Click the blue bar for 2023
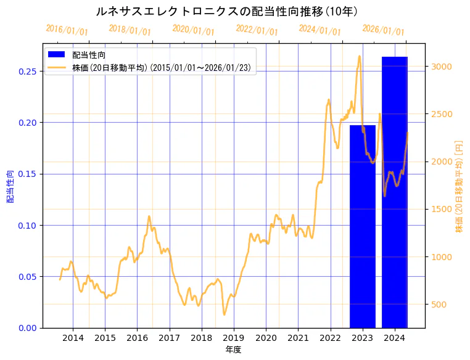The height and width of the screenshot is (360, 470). [363, 226]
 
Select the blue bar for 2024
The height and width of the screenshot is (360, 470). [395, 192]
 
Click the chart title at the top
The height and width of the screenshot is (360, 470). [228, 11]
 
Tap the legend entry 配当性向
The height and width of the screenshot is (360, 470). [89, 55]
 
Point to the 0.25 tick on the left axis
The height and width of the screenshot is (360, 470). [27, 72]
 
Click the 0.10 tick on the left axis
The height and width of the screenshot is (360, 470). [27, 226]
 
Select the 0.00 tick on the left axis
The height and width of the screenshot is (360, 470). [27, 328]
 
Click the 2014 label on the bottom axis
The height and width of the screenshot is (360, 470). [73, 338]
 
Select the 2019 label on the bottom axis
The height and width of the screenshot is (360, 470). [234, 338]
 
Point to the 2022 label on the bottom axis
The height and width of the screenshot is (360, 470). [330, 338]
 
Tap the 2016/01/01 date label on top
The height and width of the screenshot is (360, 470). [67, 30]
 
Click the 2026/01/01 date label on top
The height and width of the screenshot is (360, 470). [383, 30]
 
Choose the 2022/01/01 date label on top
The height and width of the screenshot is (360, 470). [257, 30]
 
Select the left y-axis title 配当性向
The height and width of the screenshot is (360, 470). [10, 186]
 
